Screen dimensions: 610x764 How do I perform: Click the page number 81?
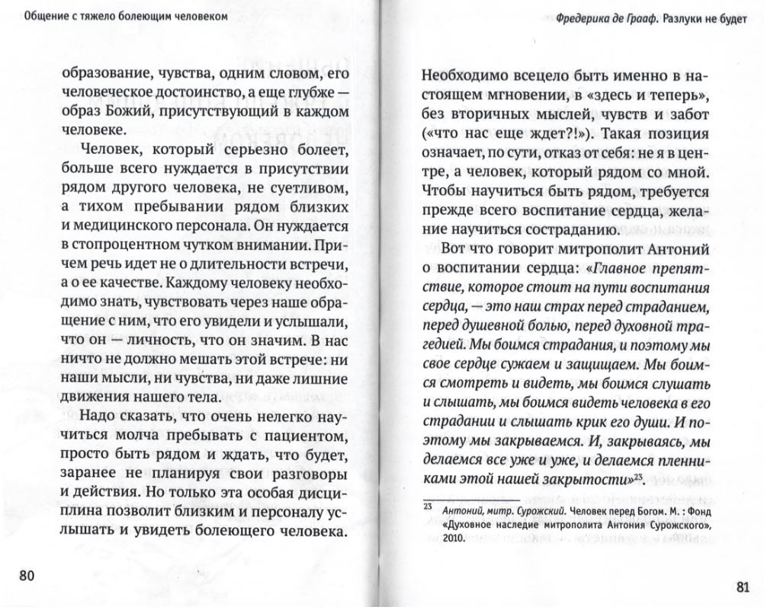click(743, 586)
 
